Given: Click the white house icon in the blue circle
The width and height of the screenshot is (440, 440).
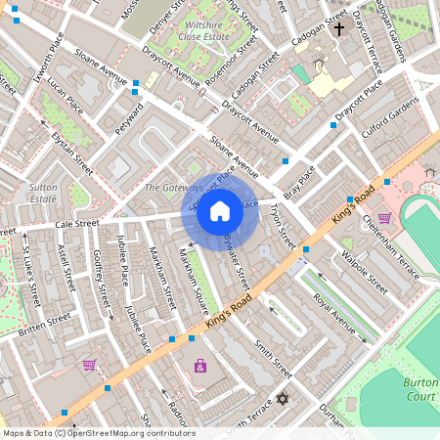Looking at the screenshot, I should [x=220, y=211].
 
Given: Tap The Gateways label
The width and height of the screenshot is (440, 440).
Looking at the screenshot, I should [x=173, y=187].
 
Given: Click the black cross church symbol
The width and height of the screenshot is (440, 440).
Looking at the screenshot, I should [x=339, y=29].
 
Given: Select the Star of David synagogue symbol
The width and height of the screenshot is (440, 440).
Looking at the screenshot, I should [x=284, y=400].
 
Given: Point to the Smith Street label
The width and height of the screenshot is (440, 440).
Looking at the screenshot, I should [x=273, y=358].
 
